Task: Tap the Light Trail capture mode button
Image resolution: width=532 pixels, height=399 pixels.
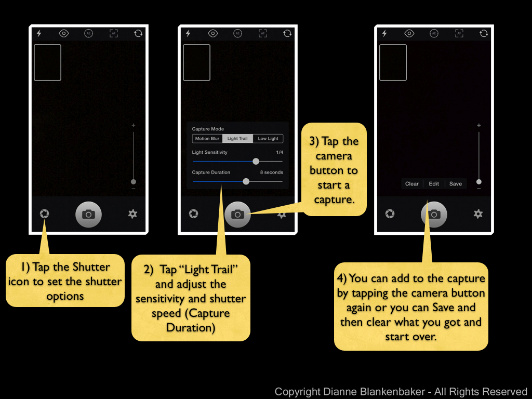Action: coord(237,138)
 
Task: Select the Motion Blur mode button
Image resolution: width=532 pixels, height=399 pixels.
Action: coord(207,138)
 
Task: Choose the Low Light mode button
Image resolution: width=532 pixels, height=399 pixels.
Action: coord(268,138)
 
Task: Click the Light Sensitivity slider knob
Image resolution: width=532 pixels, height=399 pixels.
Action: coord(256,162)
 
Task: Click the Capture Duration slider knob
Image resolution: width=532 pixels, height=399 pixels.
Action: coord(246,181)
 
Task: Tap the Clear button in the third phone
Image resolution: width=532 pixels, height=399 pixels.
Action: coord(412,183)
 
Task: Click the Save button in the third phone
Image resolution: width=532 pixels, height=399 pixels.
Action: coord(456,183)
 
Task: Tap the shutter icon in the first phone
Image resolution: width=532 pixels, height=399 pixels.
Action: coord(45,214)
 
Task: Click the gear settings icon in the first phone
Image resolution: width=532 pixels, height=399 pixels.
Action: coord(132,214)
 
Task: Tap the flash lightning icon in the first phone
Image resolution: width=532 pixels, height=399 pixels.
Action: coord(39,33)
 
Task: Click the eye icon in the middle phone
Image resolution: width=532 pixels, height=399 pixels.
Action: coord(212,33)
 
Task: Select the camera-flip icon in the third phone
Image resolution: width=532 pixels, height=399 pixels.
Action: coord(484,33)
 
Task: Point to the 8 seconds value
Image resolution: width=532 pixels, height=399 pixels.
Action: coord(271,172)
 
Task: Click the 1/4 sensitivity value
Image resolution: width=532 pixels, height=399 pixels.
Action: coord(280,152)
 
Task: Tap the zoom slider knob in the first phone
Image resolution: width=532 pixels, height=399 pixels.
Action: coord(134,182)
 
